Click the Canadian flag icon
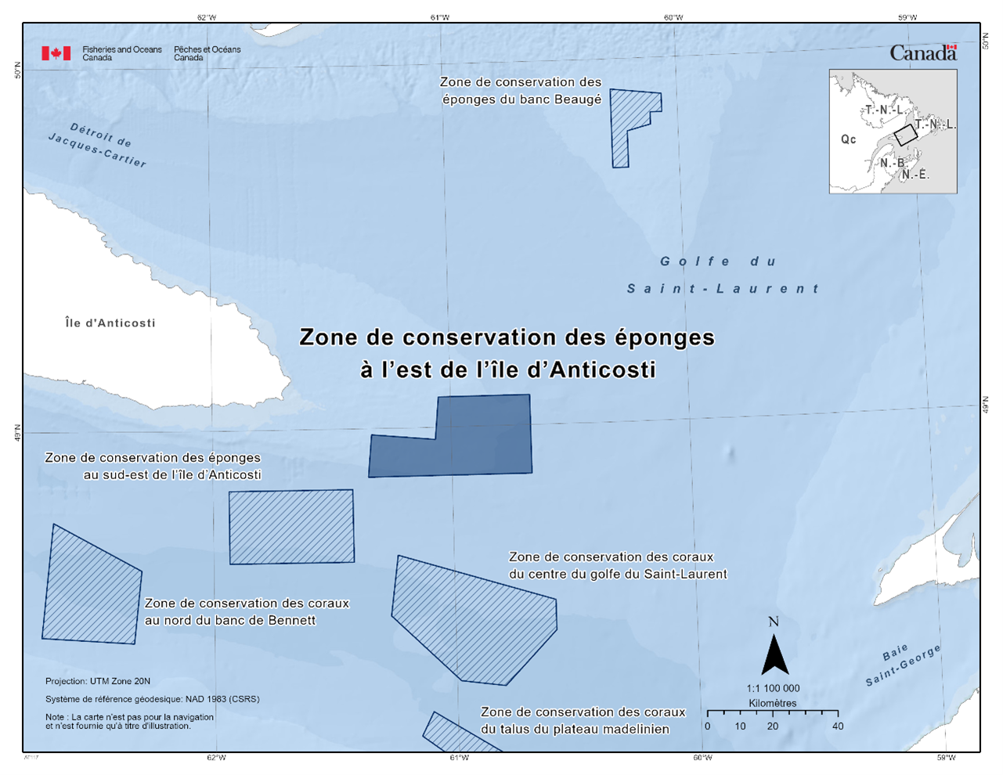click(56, 53)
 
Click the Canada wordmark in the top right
click(923, 53)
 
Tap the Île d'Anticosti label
click(110, 323)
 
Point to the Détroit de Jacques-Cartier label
click(99, 145)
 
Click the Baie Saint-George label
click(903, 665)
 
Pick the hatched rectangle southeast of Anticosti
click(291, 526)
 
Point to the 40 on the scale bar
click(838, 726)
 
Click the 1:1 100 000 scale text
click(773, 688)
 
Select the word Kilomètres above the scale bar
click(772, 703)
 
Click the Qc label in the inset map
click(848, 139)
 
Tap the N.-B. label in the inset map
click(893, 163)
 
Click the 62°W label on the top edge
click(207, 17)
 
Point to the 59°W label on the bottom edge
click(946, 757)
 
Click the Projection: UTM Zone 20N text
click(98, 681)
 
